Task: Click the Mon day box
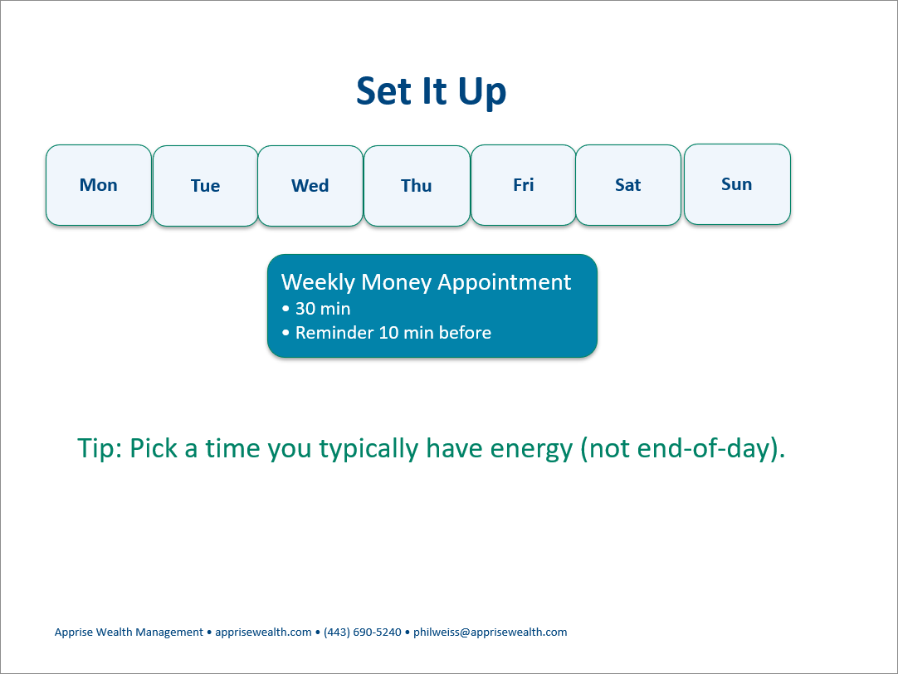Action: (x=99, y=185)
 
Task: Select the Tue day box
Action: (x=206, y=186)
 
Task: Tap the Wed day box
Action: (x=310, y=186)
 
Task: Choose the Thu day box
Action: (x=417, y=186)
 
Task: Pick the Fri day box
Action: (x=524, y=185)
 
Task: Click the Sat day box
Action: (x=628, y=185)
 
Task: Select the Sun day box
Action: (x=737, y=183)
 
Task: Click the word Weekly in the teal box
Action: (x=319, y=282)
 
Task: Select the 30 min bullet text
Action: (x=322, y=309)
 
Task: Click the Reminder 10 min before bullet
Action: (x=393, y=333)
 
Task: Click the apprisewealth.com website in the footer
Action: (x=263, y=632)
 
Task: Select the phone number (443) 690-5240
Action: (x=363, y=632)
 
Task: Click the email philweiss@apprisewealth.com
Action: (x=490, y=632)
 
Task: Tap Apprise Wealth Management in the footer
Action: (x=129, y=632)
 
